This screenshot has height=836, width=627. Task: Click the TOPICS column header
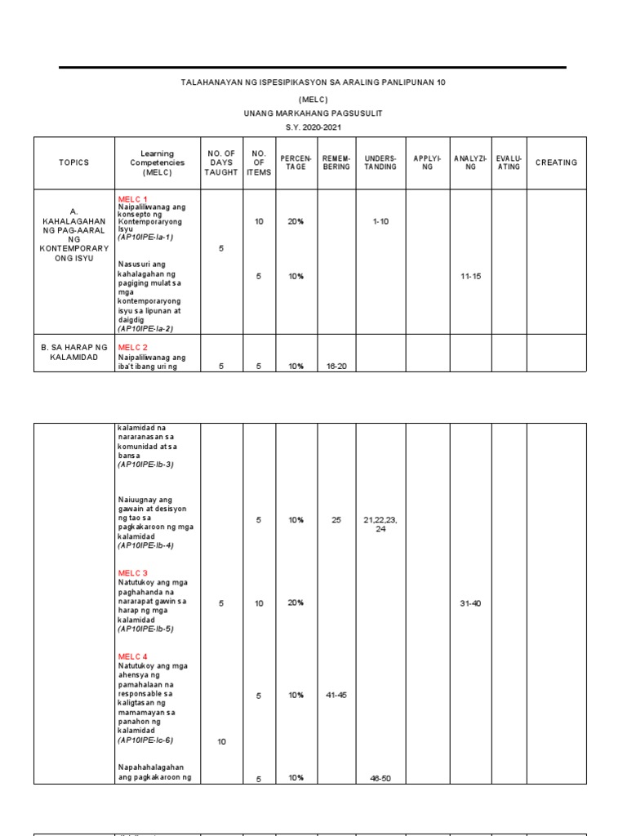tap(73, 162)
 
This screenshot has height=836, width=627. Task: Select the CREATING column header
tap(556, 162)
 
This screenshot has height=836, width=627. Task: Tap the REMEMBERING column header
tap(336, 162)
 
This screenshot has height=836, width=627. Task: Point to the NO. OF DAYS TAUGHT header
tap(221, 162)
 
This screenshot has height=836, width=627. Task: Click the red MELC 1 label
tap(133, 199)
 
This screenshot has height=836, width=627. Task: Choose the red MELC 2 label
tap(133, 347)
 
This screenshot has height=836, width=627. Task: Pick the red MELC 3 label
tap(133, 573)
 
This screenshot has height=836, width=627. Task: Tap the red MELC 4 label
tap(133, 656)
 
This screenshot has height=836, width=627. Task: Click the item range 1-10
tap(380, 221)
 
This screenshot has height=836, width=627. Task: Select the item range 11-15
tap(471, 277)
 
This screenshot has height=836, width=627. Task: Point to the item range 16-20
tap(336, 367)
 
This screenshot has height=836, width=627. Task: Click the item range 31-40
tap(471, 603)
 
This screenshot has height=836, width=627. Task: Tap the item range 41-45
tap(336, 696)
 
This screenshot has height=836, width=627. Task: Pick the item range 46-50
tap(380, 779)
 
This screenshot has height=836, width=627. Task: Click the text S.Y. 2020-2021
tap(313, 130)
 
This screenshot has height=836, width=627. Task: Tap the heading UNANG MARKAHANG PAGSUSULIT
tap(313, 114)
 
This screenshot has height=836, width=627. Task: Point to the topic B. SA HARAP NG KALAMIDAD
tap(73, 352)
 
